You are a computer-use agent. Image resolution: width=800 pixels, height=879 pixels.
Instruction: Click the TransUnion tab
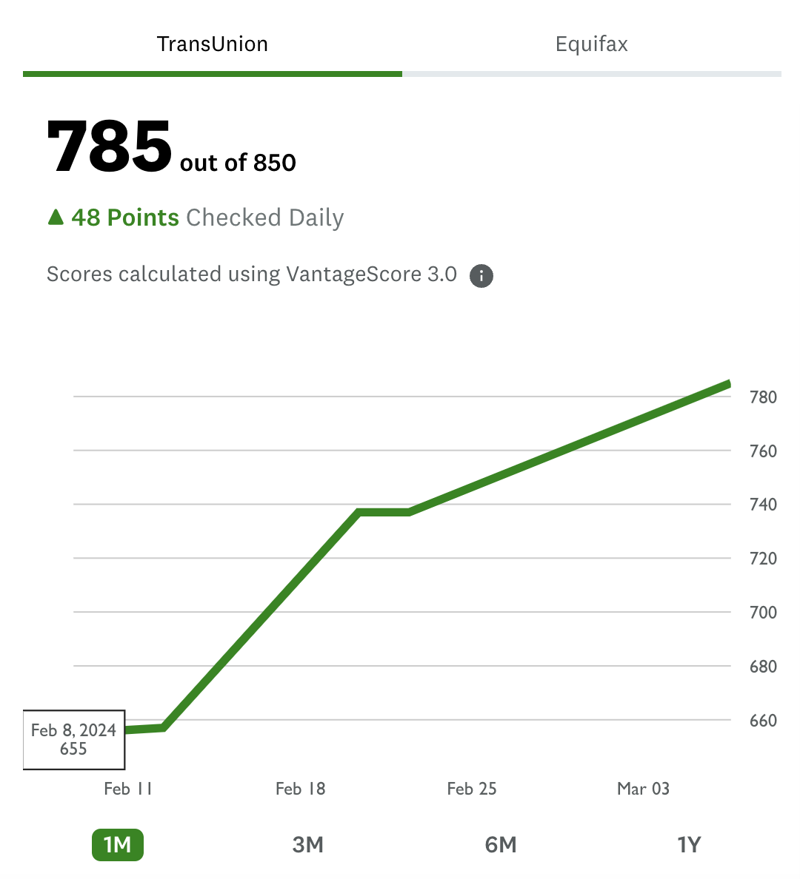(x=213, y=44)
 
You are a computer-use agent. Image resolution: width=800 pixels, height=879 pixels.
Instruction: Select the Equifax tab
(x=591, y=44)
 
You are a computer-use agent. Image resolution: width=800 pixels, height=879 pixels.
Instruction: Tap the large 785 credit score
(x=110, y=146)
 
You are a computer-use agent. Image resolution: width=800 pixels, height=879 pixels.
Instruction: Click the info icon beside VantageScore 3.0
(x=481, y=276)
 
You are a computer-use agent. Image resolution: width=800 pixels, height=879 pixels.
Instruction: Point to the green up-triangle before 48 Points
(x=56, y=217)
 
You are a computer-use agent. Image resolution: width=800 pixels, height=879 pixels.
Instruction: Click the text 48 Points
(x=125, y=218)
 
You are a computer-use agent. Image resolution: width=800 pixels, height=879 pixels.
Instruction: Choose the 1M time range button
(x=117, y=844)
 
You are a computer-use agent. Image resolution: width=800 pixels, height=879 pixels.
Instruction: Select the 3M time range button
(x=308, y=844)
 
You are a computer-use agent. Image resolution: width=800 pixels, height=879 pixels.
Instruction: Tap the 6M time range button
(x=501, y=844)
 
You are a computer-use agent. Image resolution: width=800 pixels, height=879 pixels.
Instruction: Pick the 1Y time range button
(x=689, y=844)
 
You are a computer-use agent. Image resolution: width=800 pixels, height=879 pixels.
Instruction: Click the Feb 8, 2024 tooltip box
(x=74, y=740)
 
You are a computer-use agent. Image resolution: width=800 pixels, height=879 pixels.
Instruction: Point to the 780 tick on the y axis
(x=763, y=397)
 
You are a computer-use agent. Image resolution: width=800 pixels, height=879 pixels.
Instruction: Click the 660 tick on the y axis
(x=763, y=721)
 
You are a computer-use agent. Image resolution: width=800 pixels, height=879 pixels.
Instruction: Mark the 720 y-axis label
(x=763, y=559)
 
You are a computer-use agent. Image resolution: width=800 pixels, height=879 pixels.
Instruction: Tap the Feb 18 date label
(x=300, y=789)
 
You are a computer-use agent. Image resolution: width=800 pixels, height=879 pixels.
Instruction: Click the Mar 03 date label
(x=643, y=789)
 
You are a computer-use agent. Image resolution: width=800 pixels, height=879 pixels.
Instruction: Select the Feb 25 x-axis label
(x=472, y=789)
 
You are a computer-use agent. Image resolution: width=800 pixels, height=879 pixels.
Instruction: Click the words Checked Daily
(x=265, y=218)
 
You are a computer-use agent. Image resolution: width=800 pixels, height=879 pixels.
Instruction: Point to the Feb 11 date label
(x=128, y=789)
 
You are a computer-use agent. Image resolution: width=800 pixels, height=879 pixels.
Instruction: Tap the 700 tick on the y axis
(x=763, y=613)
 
